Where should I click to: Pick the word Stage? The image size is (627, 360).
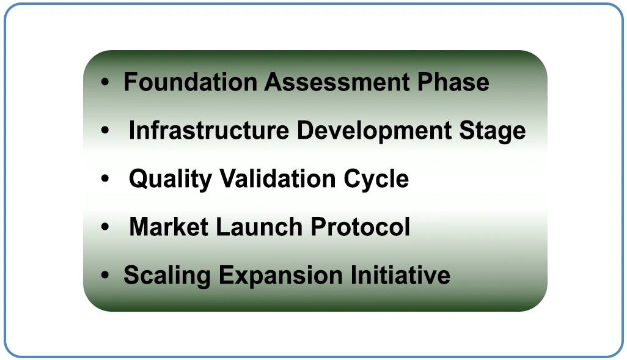[x=493, y=131]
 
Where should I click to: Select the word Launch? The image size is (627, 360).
[x=259, y=227]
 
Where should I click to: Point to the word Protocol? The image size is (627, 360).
[x=361, y=227]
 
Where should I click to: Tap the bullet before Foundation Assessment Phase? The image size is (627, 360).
[x=106, y=83]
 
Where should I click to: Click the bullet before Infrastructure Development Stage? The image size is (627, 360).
[x=106, y=131]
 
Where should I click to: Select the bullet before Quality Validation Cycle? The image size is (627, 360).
[x=106, y=179]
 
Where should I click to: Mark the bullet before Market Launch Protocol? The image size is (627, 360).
[x=106, y=227]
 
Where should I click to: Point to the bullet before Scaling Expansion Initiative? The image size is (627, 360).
[x=106, y=276]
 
